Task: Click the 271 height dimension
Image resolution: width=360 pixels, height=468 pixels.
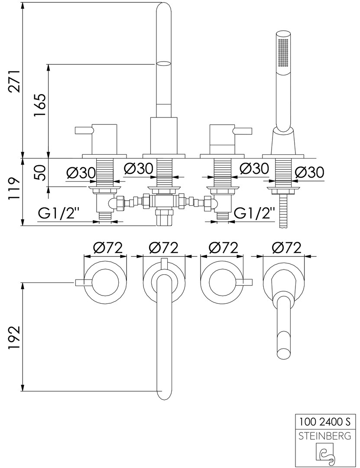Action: pos(15,81)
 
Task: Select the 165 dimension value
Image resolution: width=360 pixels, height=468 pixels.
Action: pos(40,106)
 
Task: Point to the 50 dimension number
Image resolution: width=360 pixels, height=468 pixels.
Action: pos(40,172)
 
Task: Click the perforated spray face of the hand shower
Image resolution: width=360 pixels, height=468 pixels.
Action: pos(284,52)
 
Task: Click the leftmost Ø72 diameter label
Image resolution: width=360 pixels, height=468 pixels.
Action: pos(108,248)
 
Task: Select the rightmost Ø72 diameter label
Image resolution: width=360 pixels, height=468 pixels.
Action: pos(286,248)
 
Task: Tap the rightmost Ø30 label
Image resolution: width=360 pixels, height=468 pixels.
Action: pos(309,172)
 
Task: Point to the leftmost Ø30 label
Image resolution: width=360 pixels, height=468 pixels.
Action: pos(81,172)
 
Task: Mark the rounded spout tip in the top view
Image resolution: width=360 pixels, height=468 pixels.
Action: pos(163,394)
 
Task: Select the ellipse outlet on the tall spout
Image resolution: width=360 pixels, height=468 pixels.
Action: pos(163,64)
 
